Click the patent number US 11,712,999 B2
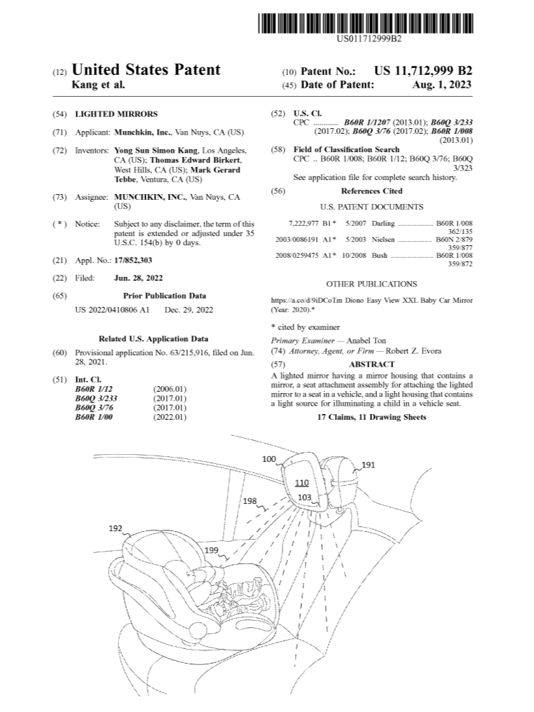423,71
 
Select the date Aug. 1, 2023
442,84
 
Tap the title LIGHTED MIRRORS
116,114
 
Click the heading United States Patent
146,70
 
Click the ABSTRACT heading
371,364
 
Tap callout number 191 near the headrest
368,465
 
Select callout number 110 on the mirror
301,484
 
